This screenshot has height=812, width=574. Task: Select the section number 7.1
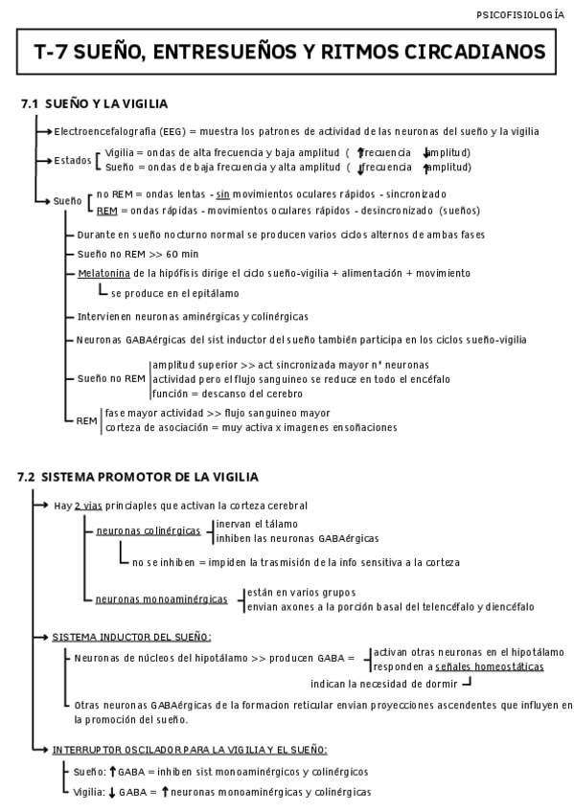point(29,102)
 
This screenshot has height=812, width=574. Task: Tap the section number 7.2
point(29,477)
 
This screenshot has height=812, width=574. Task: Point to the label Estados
point(72,160)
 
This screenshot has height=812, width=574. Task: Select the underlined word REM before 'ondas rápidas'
point(106,210)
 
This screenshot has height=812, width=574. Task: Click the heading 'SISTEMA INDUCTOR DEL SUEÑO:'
point(131,637)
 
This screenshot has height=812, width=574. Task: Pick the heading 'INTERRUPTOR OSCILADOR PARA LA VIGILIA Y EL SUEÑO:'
point(190,750)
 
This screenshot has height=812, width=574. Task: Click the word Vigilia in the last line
point(89,792)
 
